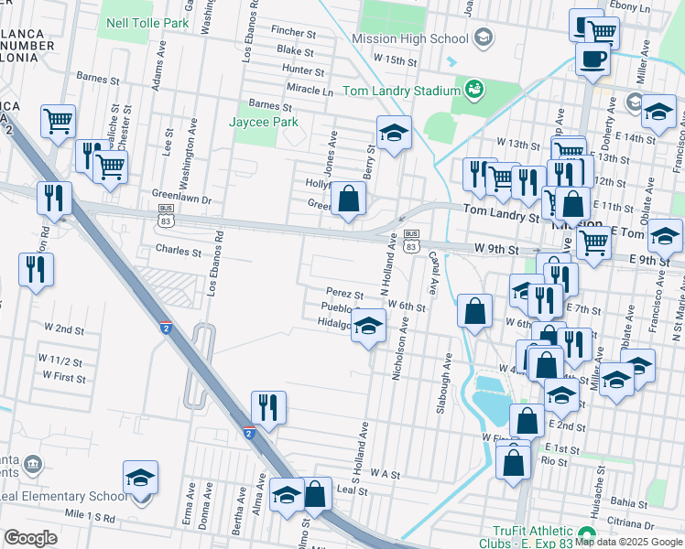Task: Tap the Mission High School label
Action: tap(410, 38)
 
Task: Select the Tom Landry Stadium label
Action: tap(400, 91)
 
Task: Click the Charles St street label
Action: tap(178, 250)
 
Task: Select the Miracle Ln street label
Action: tap(309, 91)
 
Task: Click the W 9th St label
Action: tap(496, 249)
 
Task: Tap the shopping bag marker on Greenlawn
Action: tap(349, 199)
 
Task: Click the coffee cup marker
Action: tap(593, 59)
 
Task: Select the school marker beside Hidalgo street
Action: tap(368, 327)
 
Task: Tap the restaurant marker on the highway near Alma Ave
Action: tap(268, 408)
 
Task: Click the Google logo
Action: tap(31, 538)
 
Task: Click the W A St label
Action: tap(386, 474)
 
